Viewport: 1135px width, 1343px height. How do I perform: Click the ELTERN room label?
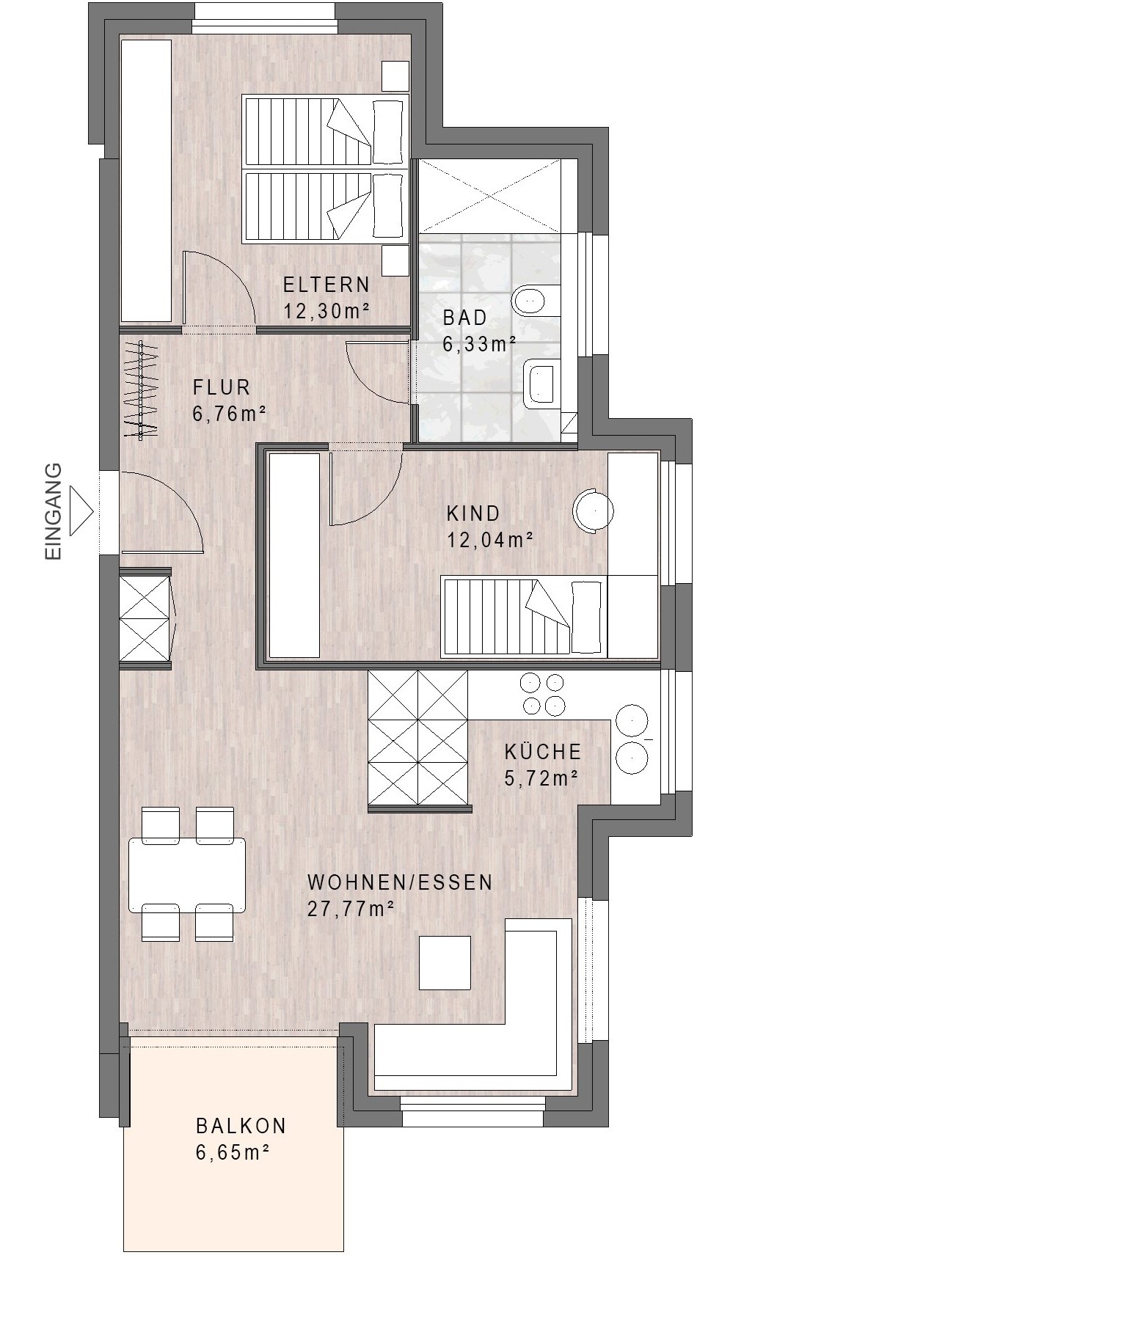326,285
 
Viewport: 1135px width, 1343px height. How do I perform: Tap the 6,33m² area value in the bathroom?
479,344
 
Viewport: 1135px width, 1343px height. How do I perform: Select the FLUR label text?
222,387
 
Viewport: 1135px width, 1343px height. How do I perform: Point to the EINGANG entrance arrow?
83,511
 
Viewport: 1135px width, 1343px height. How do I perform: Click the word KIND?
473,513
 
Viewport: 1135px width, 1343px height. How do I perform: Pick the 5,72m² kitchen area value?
541,778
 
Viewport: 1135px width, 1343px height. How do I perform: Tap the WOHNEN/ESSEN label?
400,882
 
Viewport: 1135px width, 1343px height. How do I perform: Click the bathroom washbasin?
542,383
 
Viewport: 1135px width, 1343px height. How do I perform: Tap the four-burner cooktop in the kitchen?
542,694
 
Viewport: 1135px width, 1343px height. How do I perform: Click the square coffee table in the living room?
445,962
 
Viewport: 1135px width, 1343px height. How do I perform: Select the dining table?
187,874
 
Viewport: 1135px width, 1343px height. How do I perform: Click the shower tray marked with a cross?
489,196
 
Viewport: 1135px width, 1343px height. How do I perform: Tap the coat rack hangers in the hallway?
141,389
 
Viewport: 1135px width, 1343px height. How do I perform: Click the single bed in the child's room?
522,615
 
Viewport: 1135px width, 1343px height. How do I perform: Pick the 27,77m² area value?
351,910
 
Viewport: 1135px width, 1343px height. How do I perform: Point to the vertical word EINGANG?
54,511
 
